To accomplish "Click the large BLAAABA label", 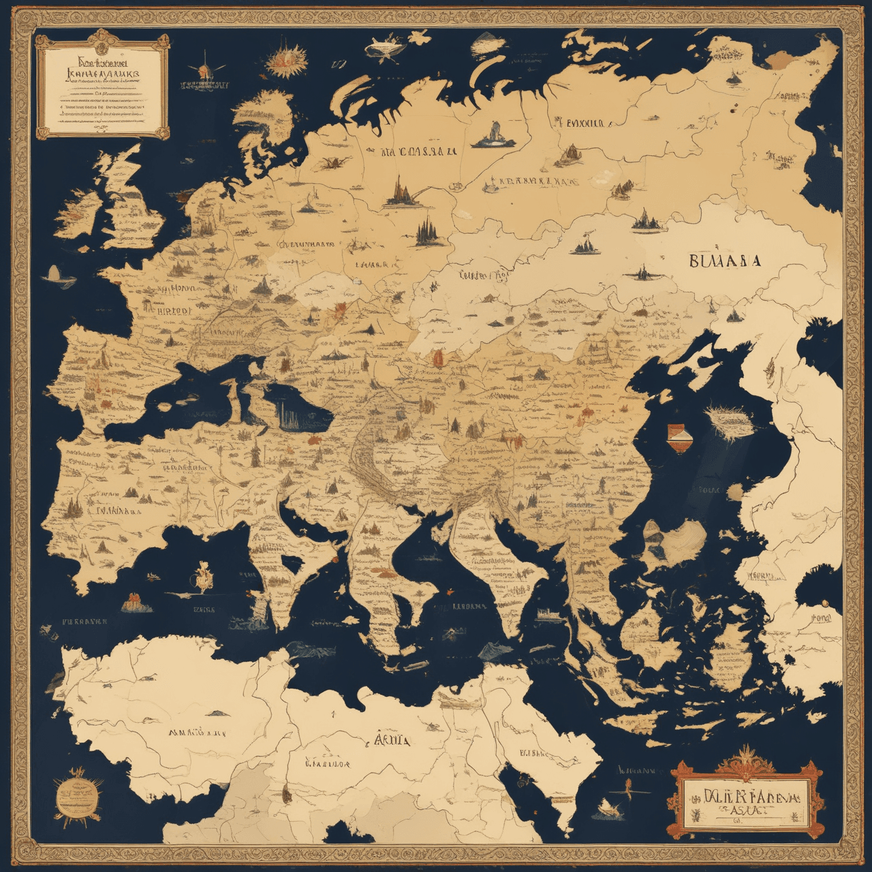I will (725, 261).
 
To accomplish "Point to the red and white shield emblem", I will (679, 435).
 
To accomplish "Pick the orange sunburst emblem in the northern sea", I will (281, 63).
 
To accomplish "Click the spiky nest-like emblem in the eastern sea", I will (727, 416).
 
